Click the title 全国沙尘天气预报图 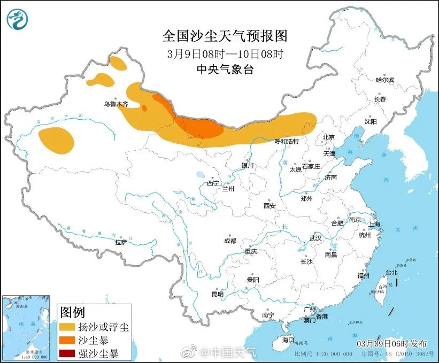coord(225,36)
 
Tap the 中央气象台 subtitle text coord(225,68)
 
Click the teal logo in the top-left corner coord(18,20)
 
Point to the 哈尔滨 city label coord(384,80)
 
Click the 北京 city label coord(328,137)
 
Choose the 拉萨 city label coord(121,242)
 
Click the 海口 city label coord(288,339)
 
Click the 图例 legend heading coord(72,312)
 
